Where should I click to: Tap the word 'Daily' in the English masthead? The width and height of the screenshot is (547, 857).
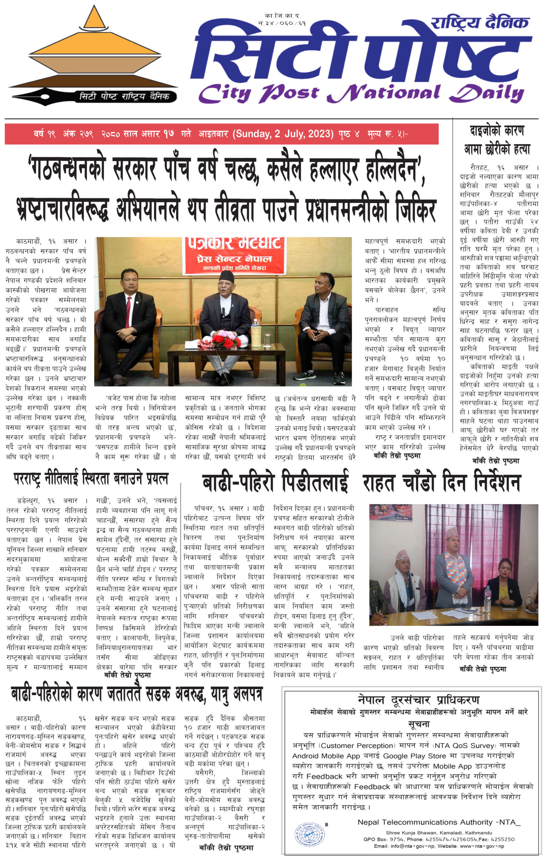point(486,94)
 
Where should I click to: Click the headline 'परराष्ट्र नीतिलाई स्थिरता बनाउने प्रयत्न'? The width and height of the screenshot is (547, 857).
point(91,479)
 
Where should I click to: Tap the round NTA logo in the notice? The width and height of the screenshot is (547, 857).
point(310,833)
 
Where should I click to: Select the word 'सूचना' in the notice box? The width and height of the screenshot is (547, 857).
point(418,723)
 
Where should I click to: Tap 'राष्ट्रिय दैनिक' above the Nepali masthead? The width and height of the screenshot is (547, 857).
point(480,23)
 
